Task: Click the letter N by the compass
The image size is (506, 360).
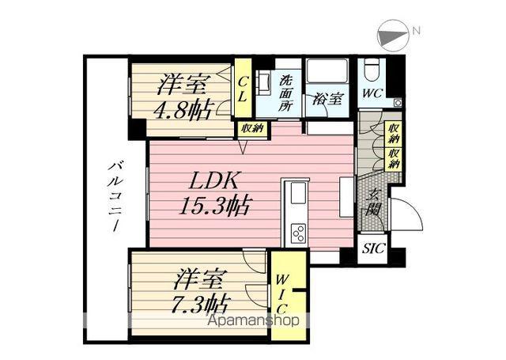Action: tap(416, 30)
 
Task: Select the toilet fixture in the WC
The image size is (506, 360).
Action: tap(370, 74)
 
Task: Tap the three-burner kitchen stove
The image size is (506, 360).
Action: tap(299, 233)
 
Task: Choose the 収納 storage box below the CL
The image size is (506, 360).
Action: tap(251, 129)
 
